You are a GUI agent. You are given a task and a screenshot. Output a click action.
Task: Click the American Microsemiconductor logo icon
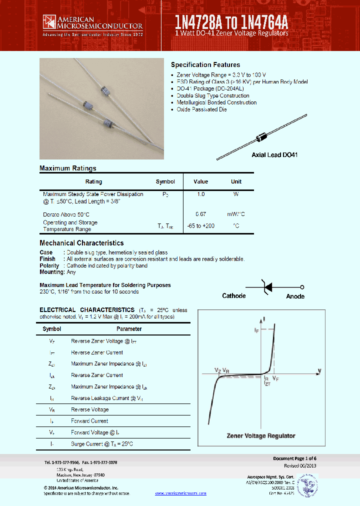point(49,21)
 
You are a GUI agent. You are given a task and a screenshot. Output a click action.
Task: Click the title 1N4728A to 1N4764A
point(231,21)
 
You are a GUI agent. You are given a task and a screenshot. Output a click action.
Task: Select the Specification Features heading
point(205,65)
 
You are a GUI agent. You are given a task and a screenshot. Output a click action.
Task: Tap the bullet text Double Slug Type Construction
point(212,95)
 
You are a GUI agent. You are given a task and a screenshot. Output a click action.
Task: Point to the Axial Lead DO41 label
point(274,155)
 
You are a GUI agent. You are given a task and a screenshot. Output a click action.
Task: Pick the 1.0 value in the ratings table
point(200,194)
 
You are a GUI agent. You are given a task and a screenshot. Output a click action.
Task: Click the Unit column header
point(236,181)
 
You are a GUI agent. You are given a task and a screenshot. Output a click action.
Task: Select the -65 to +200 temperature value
point(201,226)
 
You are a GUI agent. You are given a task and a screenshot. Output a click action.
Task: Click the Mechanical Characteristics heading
point(81,243)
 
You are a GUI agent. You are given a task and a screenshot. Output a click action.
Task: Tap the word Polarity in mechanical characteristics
point(49,265)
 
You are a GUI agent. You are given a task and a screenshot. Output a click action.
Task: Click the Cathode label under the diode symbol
point(233,296)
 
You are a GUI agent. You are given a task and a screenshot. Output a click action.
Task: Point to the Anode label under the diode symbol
point(295,296)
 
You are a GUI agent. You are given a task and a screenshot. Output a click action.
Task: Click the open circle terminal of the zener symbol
point(302,287)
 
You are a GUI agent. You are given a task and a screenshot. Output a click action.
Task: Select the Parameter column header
point(129,329)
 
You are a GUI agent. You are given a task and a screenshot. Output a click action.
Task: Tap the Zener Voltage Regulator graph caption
point(261,435)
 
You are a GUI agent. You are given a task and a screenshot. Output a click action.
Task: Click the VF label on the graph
point(276,379)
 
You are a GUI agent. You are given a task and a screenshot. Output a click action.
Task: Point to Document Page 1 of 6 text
point(294,458)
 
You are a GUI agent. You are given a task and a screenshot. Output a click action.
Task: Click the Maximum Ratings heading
point(68,168)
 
